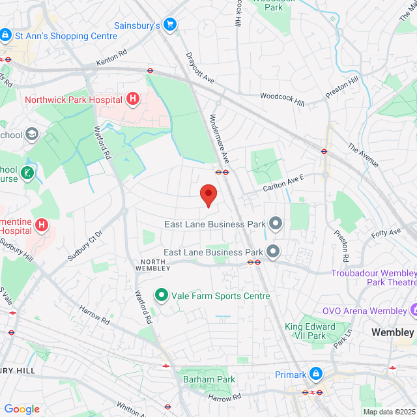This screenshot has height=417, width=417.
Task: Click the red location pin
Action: [x=208, y=195]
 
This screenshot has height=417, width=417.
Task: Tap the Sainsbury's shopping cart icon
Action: [x=170, y=25]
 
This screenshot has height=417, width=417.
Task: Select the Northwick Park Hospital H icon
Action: [x=133, y=100]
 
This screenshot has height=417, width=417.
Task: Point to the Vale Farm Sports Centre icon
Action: [x=160, y=296]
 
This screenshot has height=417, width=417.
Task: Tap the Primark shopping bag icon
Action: [x=316, y=374]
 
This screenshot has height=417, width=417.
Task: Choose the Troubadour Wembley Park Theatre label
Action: [x=373, y=278]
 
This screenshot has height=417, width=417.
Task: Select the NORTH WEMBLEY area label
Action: [x=153, y=264]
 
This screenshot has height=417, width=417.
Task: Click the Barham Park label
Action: [x=208, y=379]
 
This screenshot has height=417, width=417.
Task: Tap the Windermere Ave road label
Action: [x=219, y=139]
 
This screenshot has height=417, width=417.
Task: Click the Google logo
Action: [x=22, y=409]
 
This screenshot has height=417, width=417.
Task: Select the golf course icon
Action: [x=27, y=173]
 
